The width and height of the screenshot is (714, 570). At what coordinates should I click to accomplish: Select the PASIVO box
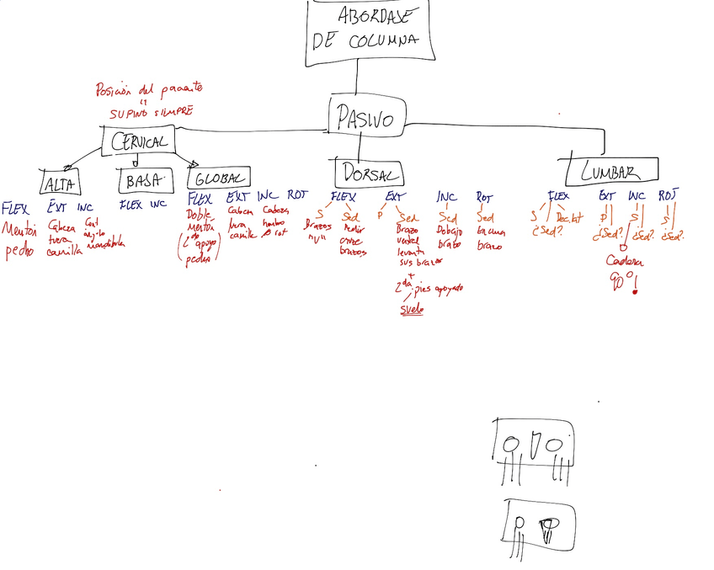(x=364, y=118)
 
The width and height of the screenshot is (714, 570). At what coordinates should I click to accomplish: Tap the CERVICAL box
(x=139, y=141)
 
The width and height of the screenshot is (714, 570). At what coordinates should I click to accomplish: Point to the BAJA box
(x=144, y=180)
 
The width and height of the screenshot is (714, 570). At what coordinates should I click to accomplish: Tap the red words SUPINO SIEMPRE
(x=151, y=111)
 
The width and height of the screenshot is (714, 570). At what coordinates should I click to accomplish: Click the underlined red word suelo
(x=412, y=309)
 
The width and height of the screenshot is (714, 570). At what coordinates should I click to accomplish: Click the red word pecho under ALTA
(x=19, y=251)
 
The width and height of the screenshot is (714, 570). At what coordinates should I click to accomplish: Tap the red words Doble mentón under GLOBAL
(x=200, y=220)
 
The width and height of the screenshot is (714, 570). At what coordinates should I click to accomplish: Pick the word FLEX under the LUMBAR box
(x=558, y=196)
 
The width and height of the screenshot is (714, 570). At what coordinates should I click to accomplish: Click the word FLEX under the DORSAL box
(x=343, y=197)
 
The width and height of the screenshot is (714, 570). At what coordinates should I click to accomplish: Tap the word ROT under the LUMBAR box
(x=667, y=196)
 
